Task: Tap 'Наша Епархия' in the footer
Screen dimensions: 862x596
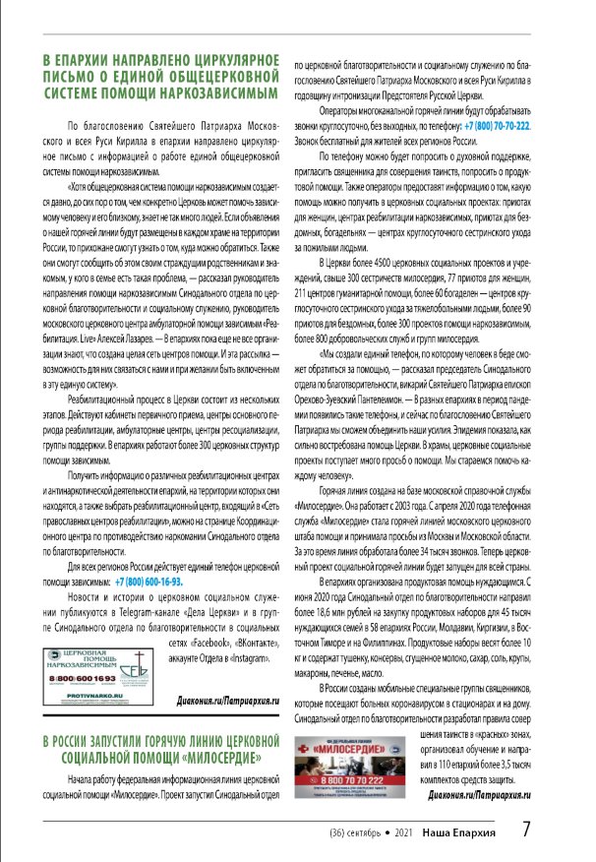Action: coord(460,833)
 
